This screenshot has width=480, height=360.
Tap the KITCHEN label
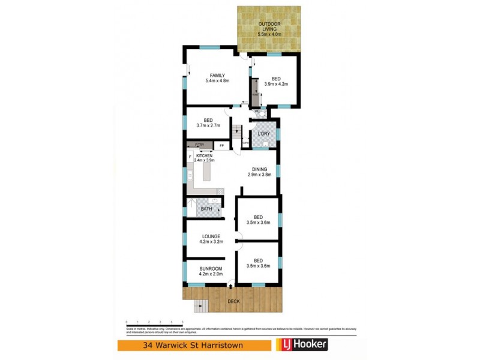pos(204,156)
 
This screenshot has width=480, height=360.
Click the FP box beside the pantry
pos(221,146)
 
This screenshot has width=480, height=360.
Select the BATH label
pos(206,209)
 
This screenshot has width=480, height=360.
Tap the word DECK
pos(233,301)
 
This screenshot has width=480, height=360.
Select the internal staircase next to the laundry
pos(238,131)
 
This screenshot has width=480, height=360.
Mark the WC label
pos(257,112)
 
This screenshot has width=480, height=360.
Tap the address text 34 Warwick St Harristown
pos(194,345)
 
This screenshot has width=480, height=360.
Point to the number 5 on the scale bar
pos(181,322)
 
